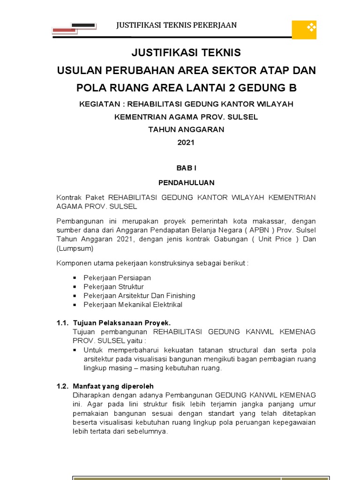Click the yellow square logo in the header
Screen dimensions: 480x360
304,30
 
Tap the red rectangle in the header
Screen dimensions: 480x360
64,30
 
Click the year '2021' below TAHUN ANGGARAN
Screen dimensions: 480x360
186,143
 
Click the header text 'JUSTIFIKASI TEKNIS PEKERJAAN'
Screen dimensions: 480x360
177,25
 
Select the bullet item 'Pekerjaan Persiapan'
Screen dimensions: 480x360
117,278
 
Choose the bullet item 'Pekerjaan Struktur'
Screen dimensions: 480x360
113,287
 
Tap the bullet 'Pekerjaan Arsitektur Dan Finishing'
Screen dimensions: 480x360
139,296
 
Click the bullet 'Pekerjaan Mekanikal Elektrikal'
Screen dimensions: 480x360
133,305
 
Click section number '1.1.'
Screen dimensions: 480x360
63,323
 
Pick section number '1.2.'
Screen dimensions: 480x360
63,386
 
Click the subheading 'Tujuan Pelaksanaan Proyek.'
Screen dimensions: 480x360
122,323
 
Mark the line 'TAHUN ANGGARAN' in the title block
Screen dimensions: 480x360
186,130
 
